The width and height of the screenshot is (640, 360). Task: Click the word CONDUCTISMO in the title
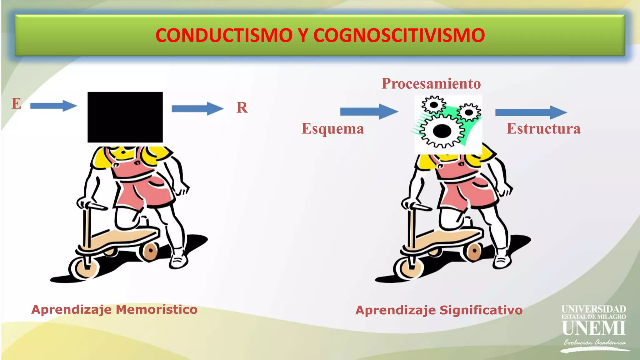tap(224, 35)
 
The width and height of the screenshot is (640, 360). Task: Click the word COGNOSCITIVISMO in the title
tap(399, 35)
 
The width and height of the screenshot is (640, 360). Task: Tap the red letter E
tap(16, 103)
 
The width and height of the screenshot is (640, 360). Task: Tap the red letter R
tap(242, 108)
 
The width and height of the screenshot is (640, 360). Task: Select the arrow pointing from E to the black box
tap(53, 106)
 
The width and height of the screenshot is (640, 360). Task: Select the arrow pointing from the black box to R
tap(197, 109)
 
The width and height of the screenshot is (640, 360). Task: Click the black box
tap(125, 117)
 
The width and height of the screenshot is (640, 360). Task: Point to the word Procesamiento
tap(431, 84)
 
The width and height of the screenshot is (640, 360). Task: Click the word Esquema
tap(333, 129)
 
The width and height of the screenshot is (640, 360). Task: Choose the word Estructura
tap(543, 129)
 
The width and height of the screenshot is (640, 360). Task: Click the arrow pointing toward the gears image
tap(369, 112)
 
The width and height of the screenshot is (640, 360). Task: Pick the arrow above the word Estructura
tap(531, 112)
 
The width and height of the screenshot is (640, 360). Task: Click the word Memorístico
tap(157, 310)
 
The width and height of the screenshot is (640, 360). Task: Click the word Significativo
tap(481, 310)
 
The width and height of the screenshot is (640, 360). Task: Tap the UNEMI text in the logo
tap(593, 328)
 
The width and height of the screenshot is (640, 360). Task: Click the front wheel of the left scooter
tap(84, 269)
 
